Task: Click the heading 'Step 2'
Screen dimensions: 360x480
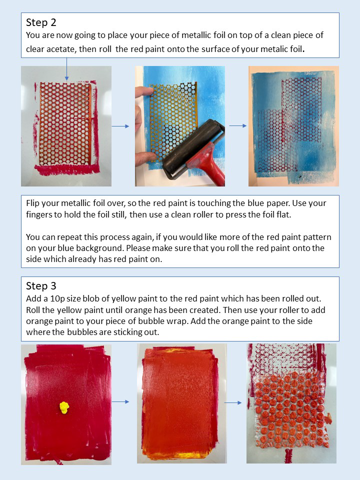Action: [41, 22]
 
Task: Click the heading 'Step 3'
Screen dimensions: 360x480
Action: [41, 286]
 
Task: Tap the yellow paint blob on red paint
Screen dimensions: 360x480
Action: [64, 408]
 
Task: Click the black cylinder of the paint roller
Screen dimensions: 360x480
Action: [193, 146]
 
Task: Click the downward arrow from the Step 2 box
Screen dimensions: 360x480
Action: [66, 69]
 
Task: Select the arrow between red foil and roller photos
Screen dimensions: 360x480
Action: [120, 126]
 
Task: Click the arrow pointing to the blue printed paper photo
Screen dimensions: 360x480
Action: [238, 125]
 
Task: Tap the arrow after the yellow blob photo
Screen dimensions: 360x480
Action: [120, 401]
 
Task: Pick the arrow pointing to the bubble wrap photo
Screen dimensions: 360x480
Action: [233, 402]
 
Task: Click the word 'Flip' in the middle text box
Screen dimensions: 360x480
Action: [32, 203]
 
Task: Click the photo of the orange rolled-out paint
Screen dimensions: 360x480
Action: [182, 403]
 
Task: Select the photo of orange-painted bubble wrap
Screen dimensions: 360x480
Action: [291, 403]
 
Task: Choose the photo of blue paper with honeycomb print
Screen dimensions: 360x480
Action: [293, 126]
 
